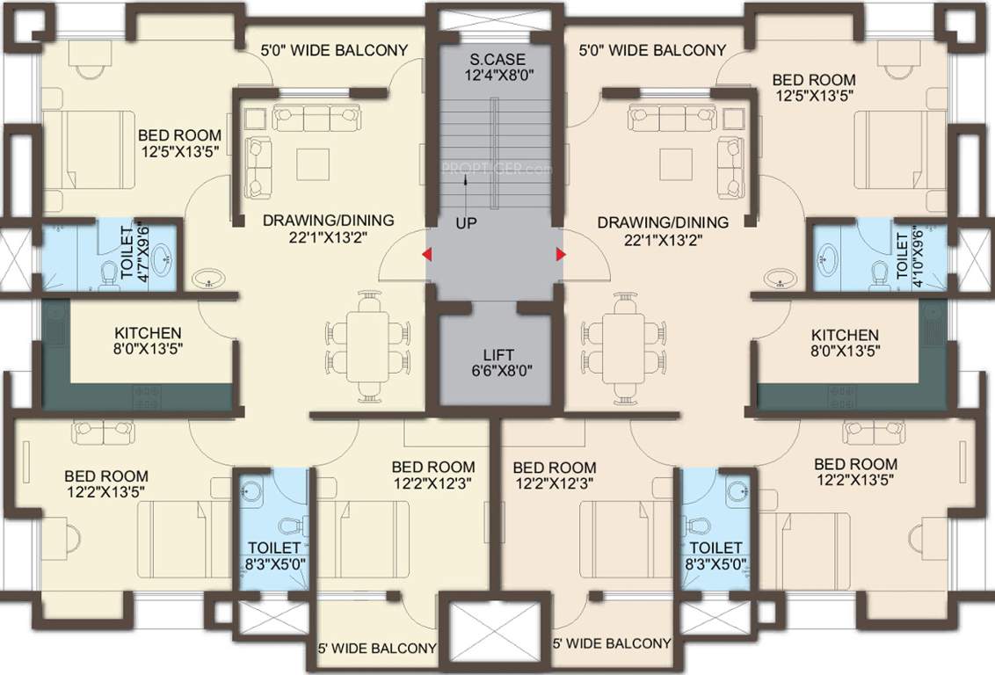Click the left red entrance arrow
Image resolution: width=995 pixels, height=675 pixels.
click(x=426, y=255)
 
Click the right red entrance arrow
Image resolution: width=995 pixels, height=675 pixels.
click(x=560, y=255)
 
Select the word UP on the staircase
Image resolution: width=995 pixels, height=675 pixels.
click(x=466, y=223)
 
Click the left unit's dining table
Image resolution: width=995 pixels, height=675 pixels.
click(x=369, y=345)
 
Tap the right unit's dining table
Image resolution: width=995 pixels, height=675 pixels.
click(x=623, y=345)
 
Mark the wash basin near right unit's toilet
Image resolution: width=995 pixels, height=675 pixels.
click(x=781, y=279)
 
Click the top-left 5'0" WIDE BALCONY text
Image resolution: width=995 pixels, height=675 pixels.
click(x=334, y=50)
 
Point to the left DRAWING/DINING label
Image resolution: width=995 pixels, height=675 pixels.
click(x=328, y=229)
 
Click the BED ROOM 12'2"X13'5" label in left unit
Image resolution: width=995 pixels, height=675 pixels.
click(x=105, y=483)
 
